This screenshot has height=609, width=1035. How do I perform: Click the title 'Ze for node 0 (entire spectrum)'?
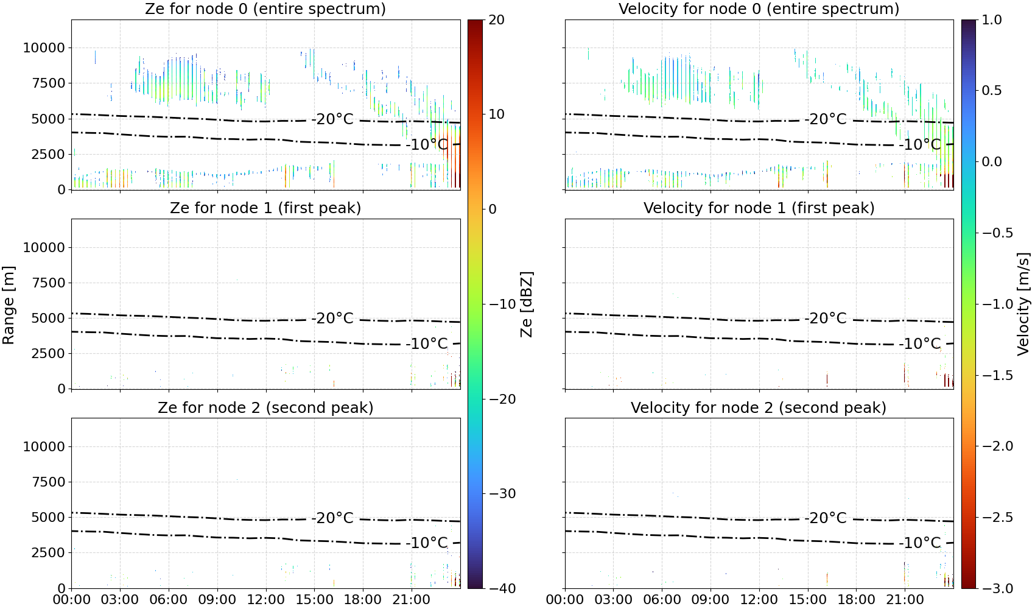click(x=265, y=9)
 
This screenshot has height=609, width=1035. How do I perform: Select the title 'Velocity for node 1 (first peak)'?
click(x=759, y=208)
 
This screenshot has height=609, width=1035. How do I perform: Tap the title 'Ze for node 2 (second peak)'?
click(x=265, y=407)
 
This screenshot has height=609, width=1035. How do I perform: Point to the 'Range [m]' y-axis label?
click(x=9, y=305)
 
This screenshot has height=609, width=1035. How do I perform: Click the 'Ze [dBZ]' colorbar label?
click(x=527, y=304)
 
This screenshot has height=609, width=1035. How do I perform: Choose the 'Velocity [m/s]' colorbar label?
click(x=1024, y=304)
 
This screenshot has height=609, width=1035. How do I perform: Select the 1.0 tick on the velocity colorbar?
click(x=992, y=20)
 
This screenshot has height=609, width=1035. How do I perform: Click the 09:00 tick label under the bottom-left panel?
click(x=217, y=600)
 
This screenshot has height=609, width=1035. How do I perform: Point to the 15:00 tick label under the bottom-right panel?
click(x=808, y=600)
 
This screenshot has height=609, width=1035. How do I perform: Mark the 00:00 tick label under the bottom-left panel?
click(x=72, y=600)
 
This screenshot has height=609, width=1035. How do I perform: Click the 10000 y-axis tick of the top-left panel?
click(x=44, y=48)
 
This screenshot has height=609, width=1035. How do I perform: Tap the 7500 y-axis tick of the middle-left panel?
click(x=49, y=283)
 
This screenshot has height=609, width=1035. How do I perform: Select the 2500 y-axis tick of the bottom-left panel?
click(x=49, y=552)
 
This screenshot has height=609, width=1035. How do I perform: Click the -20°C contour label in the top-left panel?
click(x=332, y=119)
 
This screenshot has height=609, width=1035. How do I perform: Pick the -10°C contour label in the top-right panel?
click(x=920, y=144)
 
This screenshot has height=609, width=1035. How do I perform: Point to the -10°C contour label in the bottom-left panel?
click(x=427, y=543)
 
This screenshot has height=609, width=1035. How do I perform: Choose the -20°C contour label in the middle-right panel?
click(x=826, y=319)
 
